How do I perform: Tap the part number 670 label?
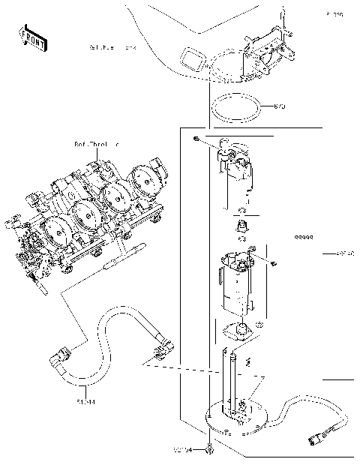[x=280, y=106]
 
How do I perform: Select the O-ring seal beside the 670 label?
[x=236, y=107]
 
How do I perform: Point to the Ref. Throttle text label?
[x=97, y=142]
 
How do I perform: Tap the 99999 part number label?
[x=303, y=237]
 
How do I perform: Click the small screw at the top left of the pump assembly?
[x=195, y=140]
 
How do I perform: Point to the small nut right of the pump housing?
[x=274, y=263]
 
